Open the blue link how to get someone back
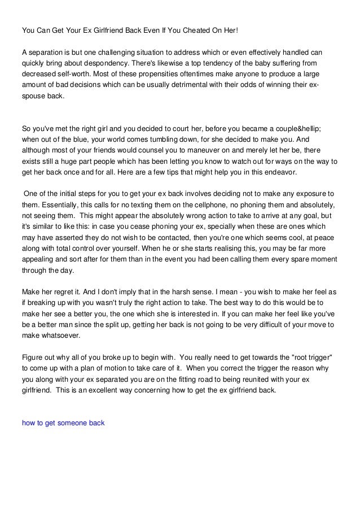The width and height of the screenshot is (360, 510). (63, 422)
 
